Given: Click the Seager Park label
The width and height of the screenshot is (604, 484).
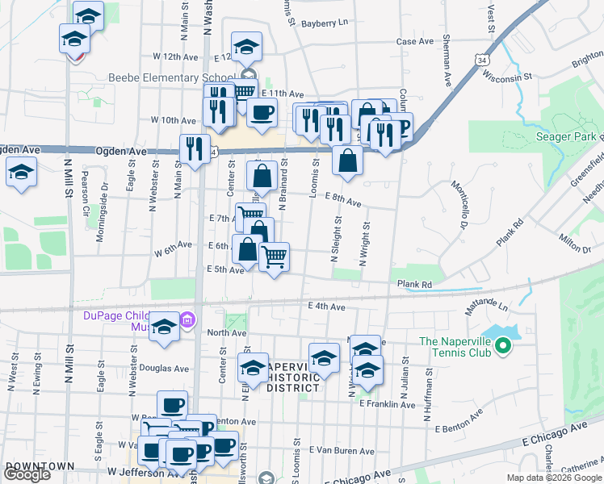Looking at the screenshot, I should click(x=566, y=136).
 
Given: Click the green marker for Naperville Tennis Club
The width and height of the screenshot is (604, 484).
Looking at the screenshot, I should click(x=503, y=347).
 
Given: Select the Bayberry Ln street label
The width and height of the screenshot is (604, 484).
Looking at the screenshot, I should click(x=324, y=23).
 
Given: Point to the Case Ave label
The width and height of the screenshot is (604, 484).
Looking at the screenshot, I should click(x=415, y=41).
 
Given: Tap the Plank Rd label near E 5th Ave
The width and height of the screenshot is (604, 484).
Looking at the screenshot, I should click(x=414, y=284).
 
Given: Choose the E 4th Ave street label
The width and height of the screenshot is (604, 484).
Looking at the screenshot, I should click(x=326, y=307).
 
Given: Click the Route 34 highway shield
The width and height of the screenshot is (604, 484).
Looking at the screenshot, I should click(x=481, y=60).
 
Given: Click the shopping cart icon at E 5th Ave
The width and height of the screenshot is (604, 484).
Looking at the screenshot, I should click(x=275, y=257).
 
